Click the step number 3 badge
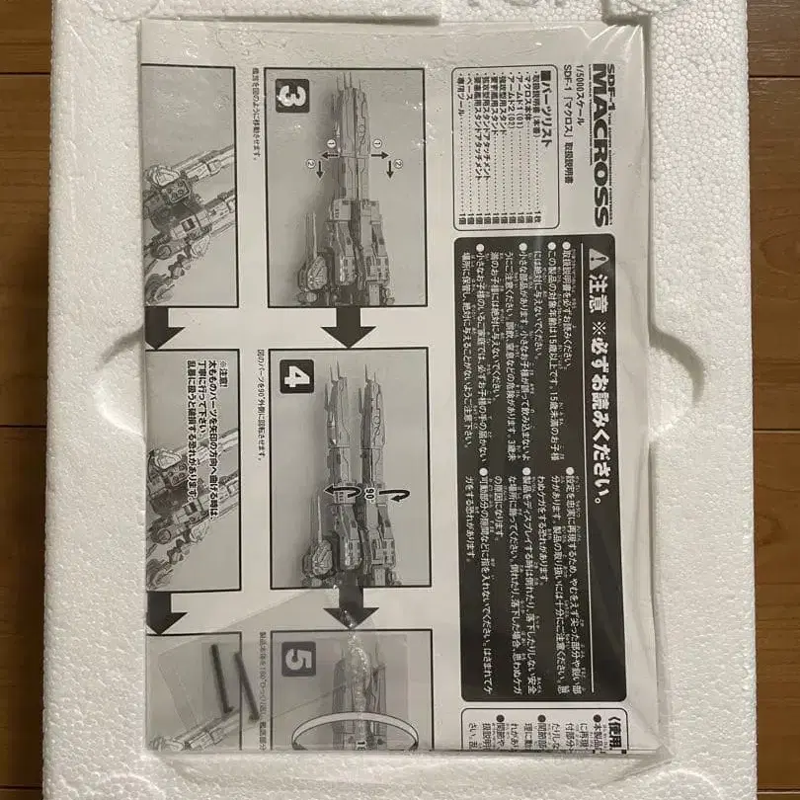point(292,97)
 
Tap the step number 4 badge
point(296,375)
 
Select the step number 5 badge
point(298,659)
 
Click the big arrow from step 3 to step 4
point(348,328)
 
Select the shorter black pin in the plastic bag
point(247,691)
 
